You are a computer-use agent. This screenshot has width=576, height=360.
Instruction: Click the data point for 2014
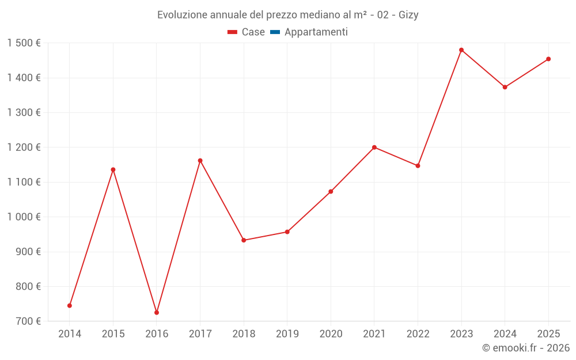tap(70, 305)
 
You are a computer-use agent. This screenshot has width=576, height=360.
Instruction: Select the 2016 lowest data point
tap(157, 312)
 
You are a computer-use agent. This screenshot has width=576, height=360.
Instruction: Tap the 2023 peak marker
tap(461, 50)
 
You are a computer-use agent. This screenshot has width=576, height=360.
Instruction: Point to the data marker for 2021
tap(374, 147)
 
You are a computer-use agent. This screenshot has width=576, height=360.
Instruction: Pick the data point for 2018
tap(244, 240)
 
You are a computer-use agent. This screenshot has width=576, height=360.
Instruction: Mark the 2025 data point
tap(548, 59)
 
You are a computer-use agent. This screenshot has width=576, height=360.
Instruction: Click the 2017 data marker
tap(200, 161)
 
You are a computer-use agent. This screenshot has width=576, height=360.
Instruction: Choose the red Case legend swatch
tap(233, 32)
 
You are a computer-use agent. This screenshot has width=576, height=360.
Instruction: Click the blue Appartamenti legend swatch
tap(275, 32)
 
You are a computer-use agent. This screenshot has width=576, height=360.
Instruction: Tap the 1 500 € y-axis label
tap(24, 43)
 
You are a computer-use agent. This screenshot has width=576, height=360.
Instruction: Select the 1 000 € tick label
tap(24, 217)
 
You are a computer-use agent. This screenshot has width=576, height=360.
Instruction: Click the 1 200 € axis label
tap(24, 147)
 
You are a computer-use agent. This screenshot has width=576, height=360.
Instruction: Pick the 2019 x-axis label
tap(287, 334)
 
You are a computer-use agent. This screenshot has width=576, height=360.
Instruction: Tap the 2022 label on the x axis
tap(418, 334)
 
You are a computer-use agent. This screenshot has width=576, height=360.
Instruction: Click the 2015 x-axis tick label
tap(113, 334)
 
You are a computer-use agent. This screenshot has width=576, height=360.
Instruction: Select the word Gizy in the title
tap(408, 15)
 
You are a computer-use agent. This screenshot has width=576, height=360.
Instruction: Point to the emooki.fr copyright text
tap(526, 348)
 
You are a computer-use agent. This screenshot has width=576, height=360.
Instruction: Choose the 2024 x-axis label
tap(505, 334)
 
